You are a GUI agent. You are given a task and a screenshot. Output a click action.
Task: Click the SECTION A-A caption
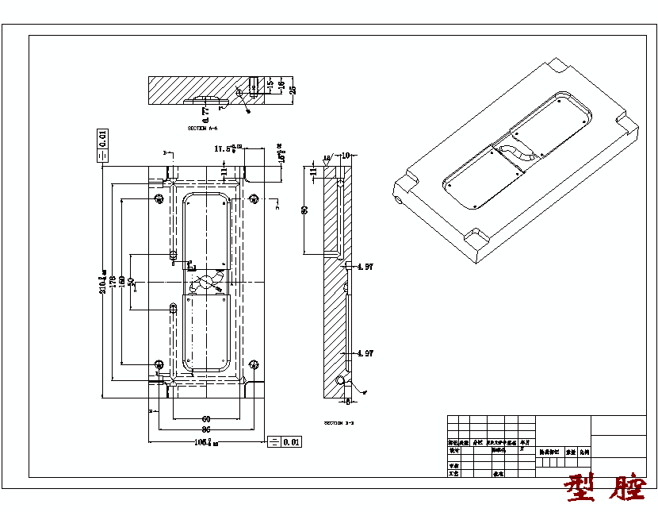point(202,128)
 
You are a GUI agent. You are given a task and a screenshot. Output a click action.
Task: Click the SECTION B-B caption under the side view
point(339,423)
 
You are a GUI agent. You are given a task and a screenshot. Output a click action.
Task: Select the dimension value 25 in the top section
point(292,87)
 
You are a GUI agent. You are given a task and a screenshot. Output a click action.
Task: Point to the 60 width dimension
point(206,419)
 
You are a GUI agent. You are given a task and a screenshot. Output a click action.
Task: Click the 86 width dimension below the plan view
point(206,429)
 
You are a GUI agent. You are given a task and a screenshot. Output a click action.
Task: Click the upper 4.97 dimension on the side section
point(365,268)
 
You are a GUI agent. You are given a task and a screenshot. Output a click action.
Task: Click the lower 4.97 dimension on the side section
point(365,353)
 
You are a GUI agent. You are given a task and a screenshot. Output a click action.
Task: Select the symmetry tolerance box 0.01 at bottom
point(285,441)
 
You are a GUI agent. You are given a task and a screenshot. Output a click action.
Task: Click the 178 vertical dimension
point(112,281)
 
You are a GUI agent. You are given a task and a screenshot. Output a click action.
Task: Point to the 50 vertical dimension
point(131,282)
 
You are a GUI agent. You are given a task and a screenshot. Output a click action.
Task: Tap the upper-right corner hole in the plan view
point(254,198)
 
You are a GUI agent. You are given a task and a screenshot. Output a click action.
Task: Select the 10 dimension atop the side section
point(346,156)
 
